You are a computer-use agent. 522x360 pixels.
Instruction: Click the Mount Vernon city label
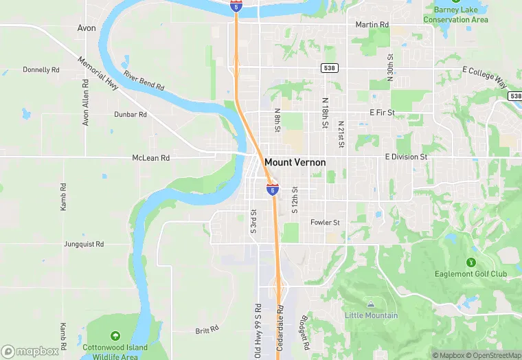pos(295,163)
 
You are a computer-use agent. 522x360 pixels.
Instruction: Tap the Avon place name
pos(87,28)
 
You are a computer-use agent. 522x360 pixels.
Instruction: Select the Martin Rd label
pos(372,25)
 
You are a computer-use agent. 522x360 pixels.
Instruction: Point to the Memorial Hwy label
pos(98,72)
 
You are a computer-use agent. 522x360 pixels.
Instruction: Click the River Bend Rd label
pos(144,80)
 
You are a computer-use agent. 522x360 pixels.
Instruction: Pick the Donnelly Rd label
pos(41,69)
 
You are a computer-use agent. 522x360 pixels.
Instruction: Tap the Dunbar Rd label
pos(130,115)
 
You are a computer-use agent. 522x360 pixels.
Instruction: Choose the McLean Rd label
pos(150,158)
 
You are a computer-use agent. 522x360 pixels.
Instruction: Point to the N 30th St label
pos(389,67)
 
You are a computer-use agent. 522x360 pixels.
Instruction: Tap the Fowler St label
pos(325,223)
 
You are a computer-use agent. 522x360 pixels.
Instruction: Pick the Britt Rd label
pos(206,330)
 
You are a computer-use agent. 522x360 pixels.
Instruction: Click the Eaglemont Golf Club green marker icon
pos(470,262)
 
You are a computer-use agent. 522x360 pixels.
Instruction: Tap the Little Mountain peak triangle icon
pos(371,304)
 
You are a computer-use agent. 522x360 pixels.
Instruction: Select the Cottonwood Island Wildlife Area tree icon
pos(115,336)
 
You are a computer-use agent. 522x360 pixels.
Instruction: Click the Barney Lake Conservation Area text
pos(455,14)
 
